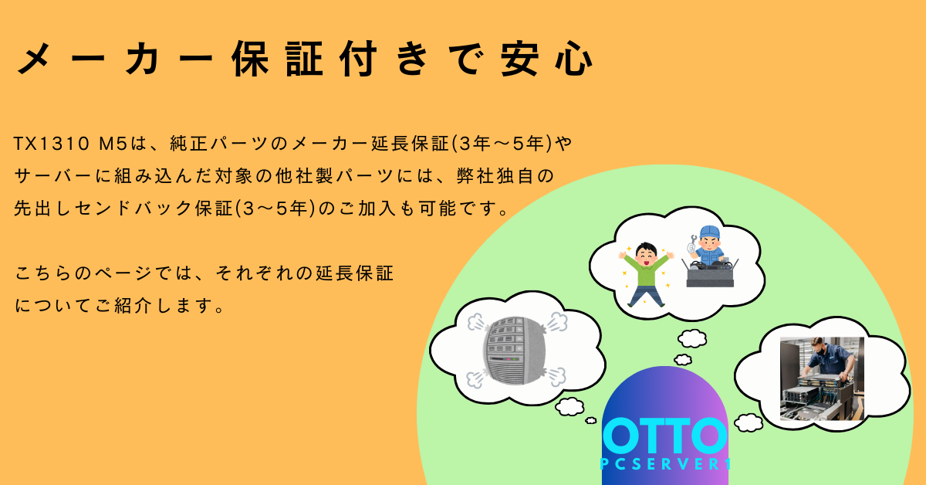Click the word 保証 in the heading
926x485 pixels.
[277, 59]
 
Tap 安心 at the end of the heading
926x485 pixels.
[547, 59]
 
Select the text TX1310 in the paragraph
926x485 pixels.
[52, 144]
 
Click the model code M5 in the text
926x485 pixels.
[113, 144]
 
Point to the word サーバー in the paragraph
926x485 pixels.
[52, 176]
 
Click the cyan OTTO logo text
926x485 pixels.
[664, 436]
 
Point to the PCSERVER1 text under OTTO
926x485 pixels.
[665, 464]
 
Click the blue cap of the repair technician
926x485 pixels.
[709, 232]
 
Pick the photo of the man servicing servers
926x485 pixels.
[822, 378]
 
